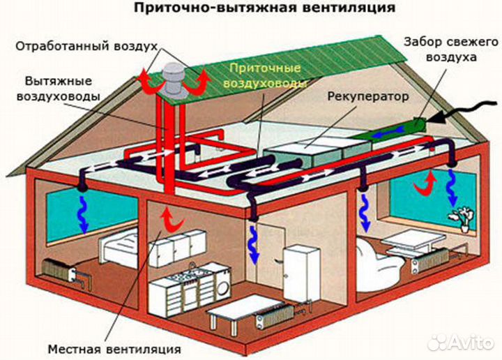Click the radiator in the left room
point(63,270)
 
